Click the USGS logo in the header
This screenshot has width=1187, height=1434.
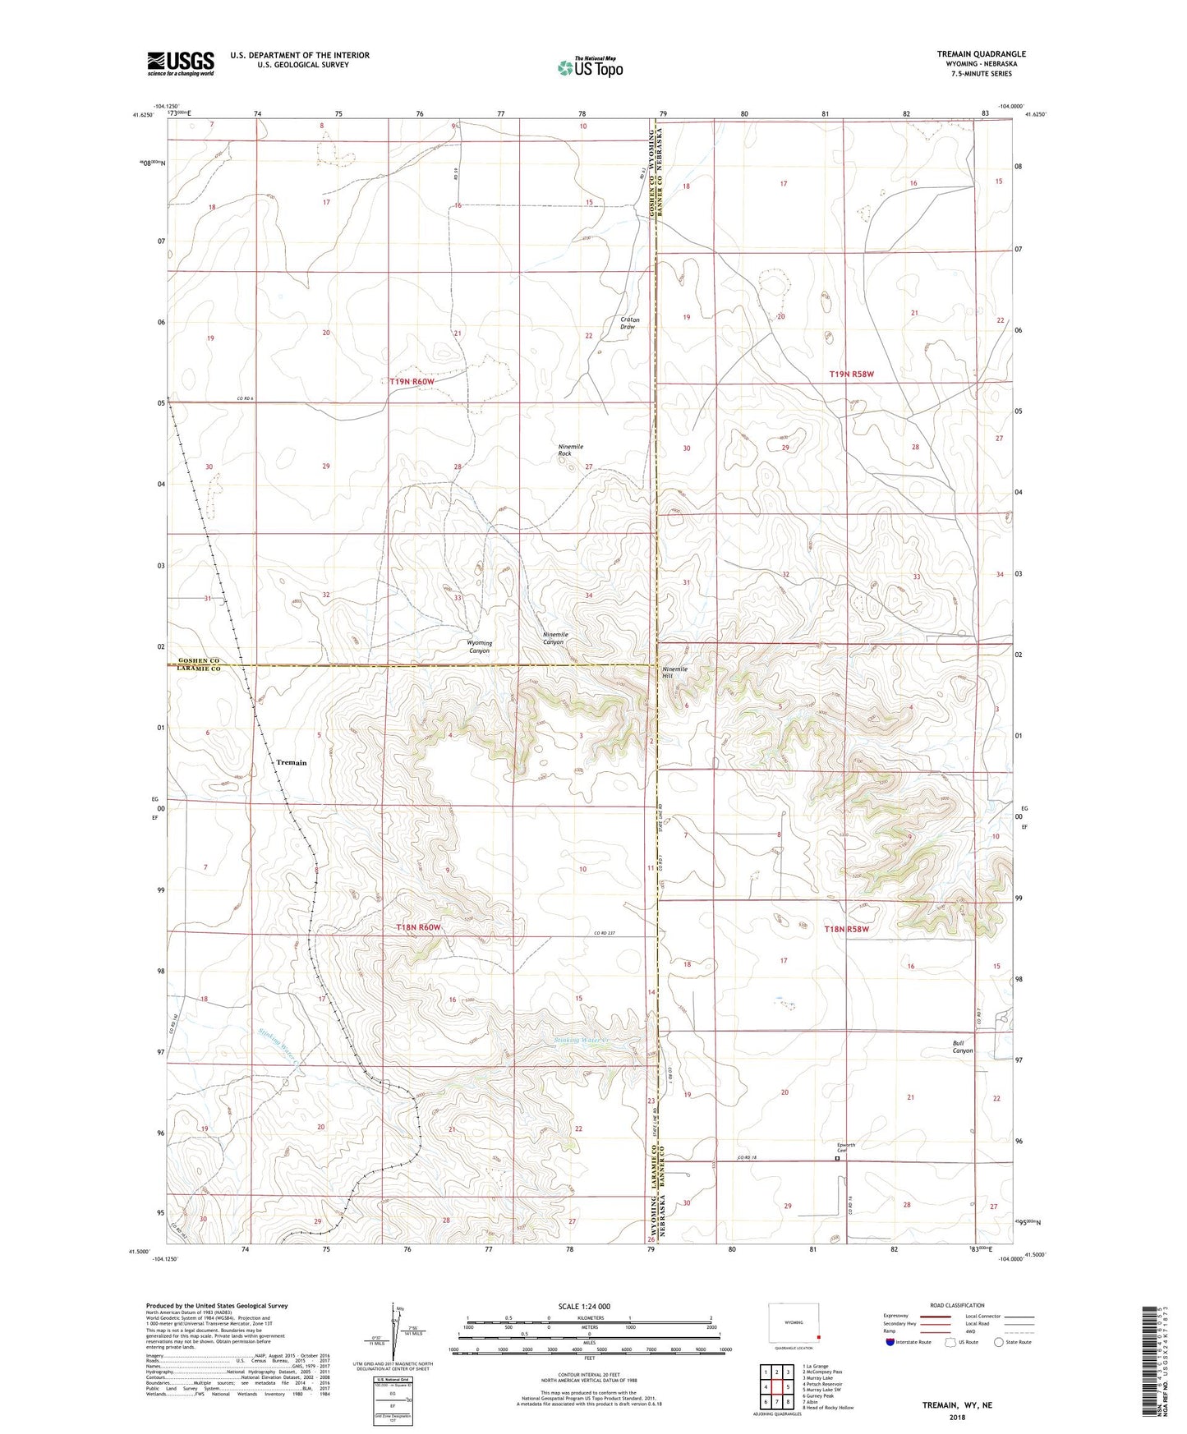point(180,63)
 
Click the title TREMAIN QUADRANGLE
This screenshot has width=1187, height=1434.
point(981,54)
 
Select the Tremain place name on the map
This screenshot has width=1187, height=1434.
point(291,762)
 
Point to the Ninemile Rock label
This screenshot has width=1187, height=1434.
point(570,450)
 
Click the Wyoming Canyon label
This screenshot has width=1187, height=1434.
point(479,646)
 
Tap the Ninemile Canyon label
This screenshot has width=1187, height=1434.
point(555,638)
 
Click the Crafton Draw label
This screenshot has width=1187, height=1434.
point(629,323)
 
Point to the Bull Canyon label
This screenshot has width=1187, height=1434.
point(962,1046)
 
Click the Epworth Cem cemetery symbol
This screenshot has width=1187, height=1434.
point(838,1160)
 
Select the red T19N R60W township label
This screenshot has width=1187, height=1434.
point(423,381)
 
